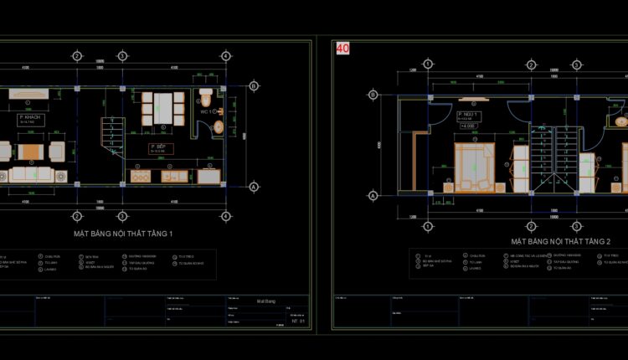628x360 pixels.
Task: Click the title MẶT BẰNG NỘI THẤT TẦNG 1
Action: (x=122, y=233)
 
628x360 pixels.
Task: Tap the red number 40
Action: (x=342, y=49)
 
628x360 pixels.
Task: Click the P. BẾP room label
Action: (x=159, y=148)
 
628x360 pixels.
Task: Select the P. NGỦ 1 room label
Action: (x=468, y=116)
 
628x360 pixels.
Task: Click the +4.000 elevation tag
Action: (x=467, y=126)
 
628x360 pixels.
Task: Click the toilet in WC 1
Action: (x=207, y=92)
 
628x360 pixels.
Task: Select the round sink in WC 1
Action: (x=219, y=127)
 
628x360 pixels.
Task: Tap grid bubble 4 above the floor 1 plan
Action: (x=225, y=55)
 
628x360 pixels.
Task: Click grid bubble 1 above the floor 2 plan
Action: (x=428, y=64)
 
